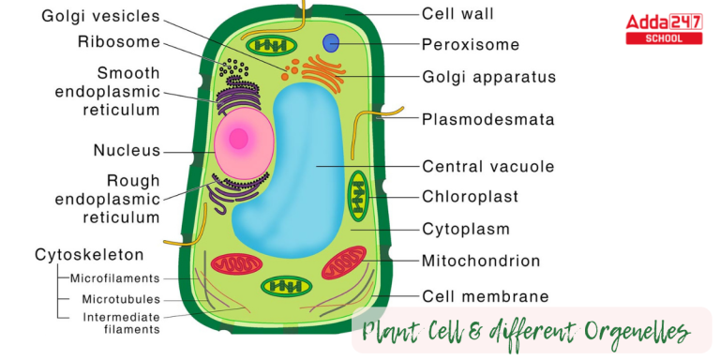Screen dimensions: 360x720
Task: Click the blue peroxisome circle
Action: tap(331, 42)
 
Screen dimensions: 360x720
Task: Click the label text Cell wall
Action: tap(457, 14)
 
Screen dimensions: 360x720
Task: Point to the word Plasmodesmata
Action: tap(487, 119)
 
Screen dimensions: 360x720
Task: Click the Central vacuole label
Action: tap(487, 167)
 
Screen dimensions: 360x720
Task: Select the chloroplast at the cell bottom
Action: tap(288, 286)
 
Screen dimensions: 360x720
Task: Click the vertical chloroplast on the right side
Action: tap(359, 196)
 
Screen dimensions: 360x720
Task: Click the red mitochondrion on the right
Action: tap(344, 262)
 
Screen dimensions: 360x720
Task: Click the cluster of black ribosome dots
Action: tap(232, 69)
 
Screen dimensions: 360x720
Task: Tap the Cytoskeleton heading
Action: tap(89, 255)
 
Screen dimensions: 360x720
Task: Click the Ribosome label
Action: tap(119, 42)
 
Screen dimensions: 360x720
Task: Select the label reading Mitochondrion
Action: tap(481, 262)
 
